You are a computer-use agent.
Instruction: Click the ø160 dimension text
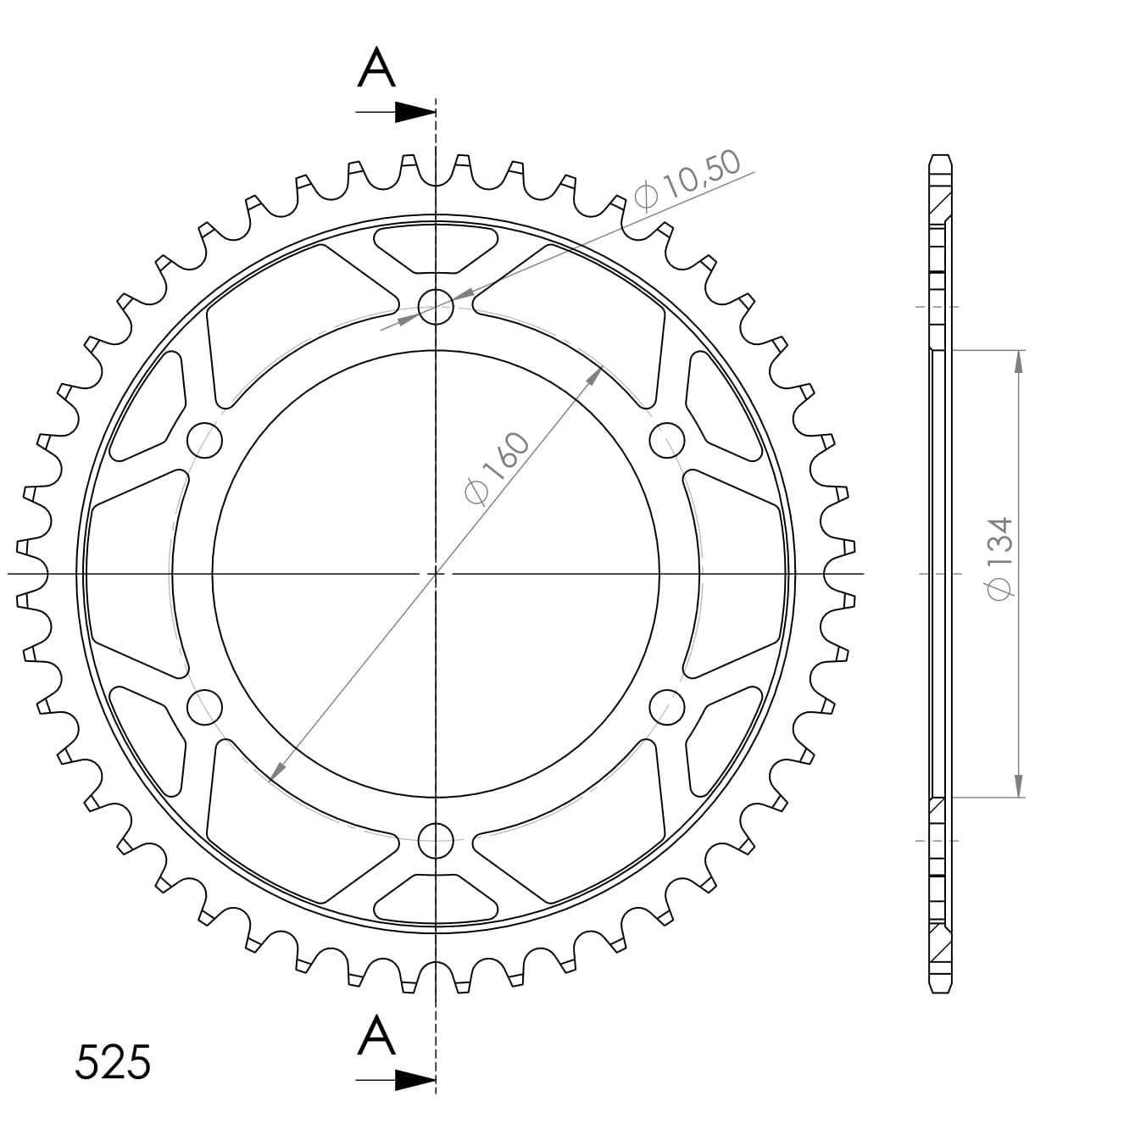point(497,469)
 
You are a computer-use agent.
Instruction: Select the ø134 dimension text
point(1000,559)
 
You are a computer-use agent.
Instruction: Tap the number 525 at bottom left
point(113,1062)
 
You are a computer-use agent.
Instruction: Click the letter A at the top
point(376,69)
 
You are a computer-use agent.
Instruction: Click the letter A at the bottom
point(376,1036)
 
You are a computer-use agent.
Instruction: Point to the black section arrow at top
point(414,112)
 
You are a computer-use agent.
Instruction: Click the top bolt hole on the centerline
point(436,306)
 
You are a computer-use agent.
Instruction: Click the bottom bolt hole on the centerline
point(436,840)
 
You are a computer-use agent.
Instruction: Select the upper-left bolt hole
point(204,440)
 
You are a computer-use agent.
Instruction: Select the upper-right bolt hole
point(667,440)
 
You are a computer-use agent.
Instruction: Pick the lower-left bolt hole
point(204,707)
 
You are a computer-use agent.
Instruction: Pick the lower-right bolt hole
point(667,707)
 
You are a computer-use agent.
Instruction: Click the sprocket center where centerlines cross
point(436,574)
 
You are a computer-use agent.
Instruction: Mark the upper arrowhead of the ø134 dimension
point(1018,359)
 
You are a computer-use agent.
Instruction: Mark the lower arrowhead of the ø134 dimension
point(1018,787)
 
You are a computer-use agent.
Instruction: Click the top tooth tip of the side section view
point(940,158)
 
